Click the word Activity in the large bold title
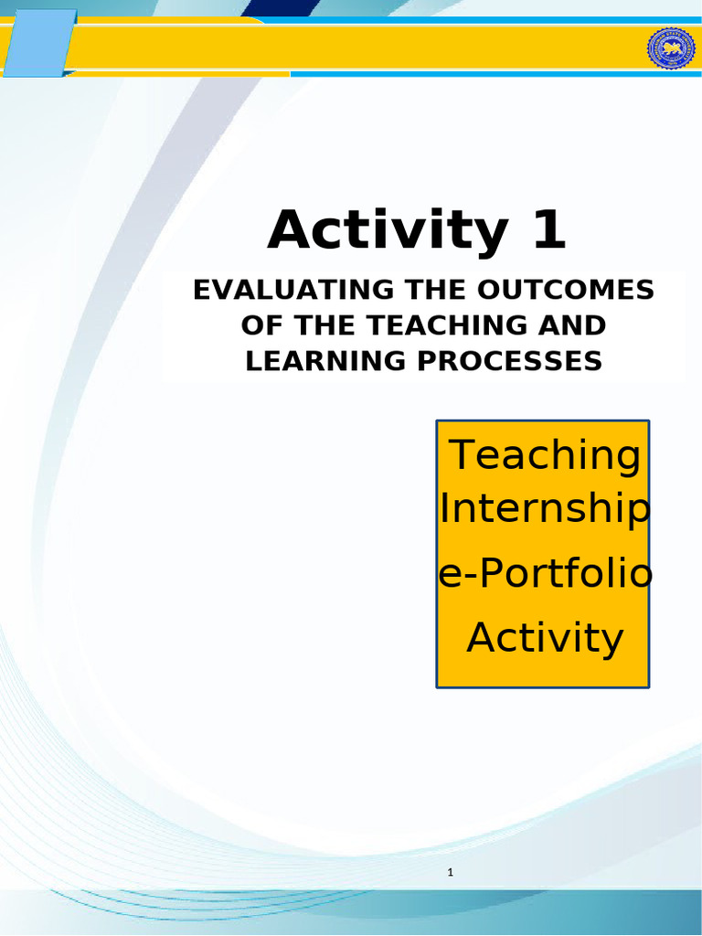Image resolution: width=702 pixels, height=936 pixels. [386, 230]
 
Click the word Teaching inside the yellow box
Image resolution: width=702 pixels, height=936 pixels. [544, 455]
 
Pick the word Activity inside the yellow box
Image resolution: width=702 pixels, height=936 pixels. [545, 637]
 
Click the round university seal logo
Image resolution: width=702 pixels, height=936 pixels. [671, 48]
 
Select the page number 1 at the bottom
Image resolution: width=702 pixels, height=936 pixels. [451, 873]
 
